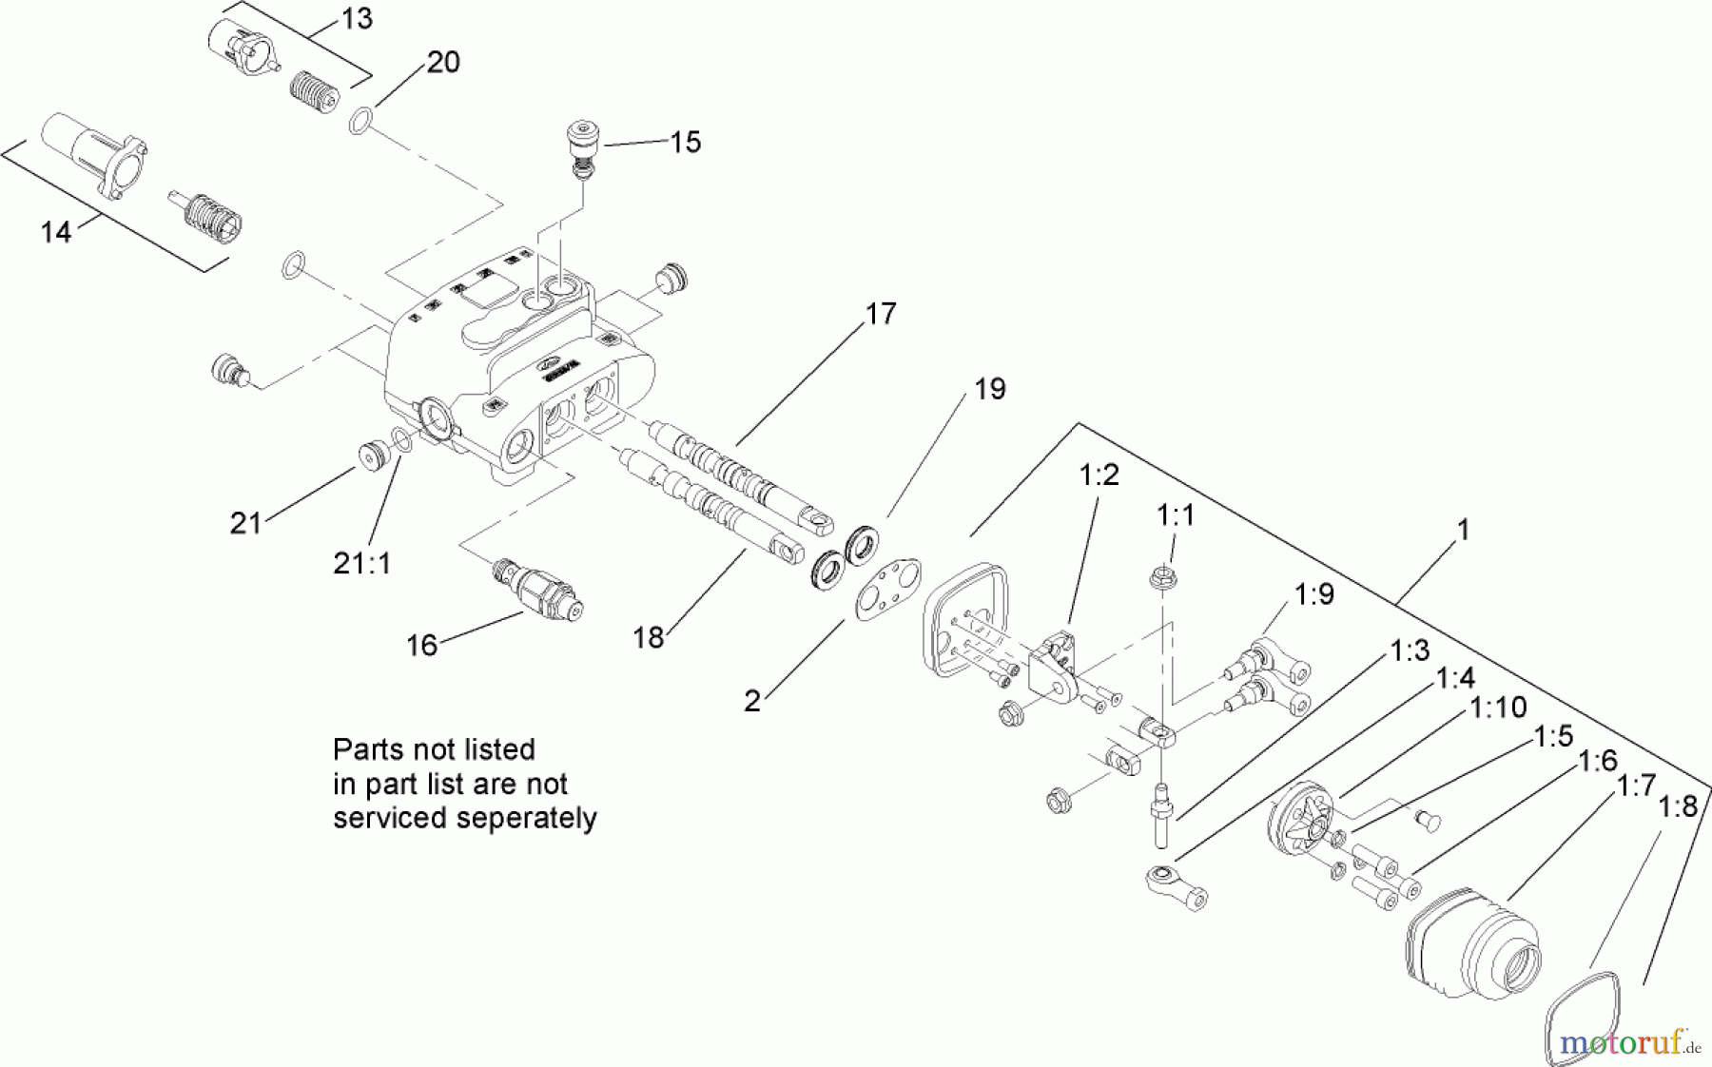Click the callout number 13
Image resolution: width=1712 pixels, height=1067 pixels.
(357, 18)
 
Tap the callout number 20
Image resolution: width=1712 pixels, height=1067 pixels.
(442, 62)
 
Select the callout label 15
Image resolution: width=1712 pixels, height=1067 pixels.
(685, 142)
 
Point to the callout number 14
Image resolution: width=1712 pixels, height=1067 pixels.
(55, 231)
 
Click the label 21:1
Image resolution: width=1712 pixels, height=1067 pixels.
(361, 563)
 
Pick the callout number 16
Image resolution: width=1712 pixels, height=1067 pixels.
(421, 645)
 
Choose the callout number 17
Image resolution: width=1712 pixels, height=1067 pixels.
(881, 313)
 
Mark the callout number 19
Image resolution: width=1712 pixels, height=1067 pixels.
(989, 388)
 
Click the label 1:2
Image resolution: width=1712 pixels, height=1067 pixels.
(1099, 475)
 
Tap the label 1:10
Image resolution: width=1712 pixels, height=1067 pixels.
(1498, 707)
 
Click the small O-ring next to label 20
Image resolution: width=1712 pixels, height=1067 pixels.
(360, 121)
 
